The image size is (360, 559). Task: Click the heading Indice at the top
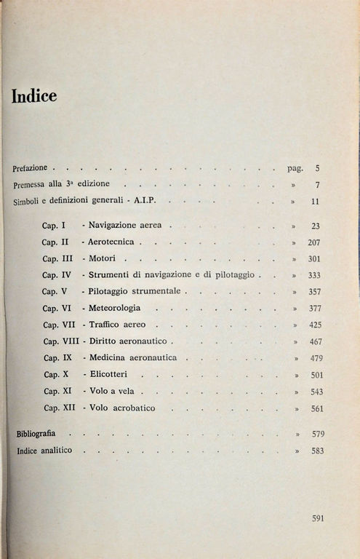(34, 96)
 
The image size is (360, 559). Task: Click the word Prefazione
(30, 168)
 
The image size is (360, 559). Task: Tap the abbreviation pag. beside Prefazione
(295, 168)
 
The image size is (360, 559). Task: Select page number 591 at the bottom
(317, 518)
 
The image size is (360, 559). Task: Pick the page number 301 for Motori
(314, 259)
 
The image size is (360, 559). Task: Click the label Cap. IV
(56, 275)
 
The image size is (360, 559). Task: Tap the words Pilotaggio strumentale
(135, 291)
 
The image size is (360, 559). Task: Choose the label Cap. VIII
(60, 341)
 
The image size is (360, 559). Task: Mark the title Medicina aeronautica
(132, 357)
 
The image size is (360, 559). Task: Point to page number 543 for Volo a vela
(316, 392)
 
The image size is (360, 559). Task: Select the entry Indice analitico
(44, 451)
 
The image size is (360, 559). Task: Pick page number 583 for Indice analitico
(316, 451)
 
